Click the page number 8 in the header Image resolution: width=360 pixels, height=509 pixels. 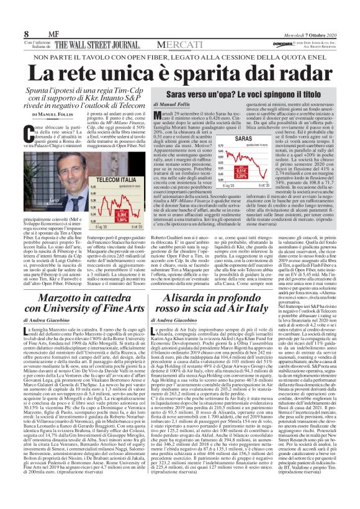10,16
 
